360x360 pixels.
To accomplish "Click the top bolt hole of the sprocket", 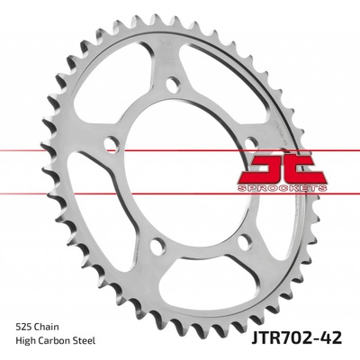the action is [174, 85].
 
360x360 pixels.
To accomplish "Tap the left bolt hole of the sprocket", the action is [112, 144].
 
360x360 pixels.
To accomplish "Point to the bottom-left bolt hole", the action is [157, 247].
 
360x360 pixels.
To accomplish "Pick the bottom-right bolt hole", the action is [245, 242].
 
